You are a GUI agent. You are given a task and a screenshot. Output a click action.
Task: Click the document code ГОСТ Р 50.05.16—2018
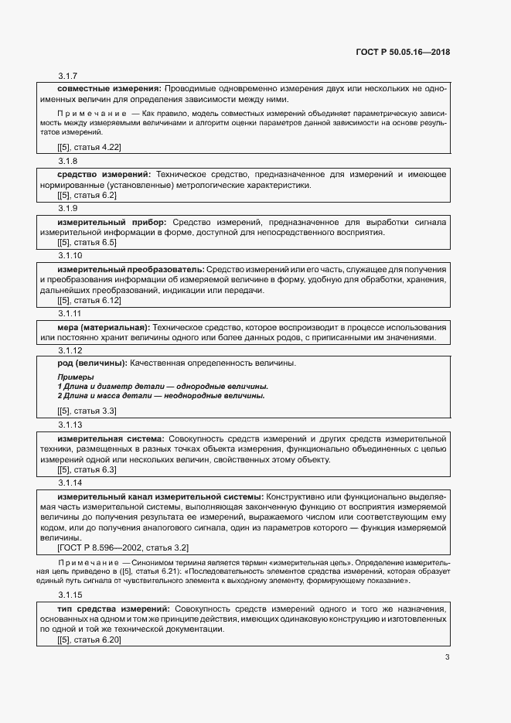pyautogui.click(x=403, y=53)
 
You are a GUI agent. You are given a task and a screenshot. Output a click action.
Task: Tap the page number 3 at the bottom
pyautogui.click(x=447, y=657)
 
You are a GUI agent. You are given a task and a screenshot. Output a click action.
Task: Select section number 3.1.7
pyautogui.click(x=68, y=75)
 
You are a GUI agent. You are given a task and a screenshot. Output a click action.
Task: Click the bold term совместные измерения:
pyautogui.click(x=109, y=89)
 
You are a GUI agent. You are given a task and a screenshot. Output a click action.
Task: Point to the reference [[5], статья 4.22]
pyautogui.click(x=89, y=147)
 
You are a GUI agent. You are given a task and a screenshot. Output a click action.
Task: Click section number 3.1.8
pyautogui.click(x=68, y=161)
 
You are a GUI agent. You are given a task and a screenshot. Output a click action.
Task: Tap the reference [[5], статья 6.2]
pyautogui.click(x=87, y=195)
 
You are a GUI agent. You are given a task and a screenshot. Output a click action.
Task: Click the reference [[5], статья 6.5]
pyautogui.click(x=87, y=243)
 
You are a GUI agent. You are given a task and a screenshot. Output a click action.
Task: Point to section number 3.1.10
pyautogui.click(x=70, y=256)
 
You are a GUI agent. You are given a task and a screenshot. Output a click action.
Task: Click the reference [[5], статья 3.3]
pyautogui.click(x=87, y=411)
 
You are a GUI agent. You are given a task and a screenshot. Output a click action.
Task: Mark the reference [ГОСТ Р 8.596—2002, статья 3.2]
pyautogui.click(x=123, y=547)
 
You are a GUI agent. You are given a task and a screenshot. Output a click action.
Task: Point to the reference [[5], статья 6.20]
pyautogui.click(x=89, y=639)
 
